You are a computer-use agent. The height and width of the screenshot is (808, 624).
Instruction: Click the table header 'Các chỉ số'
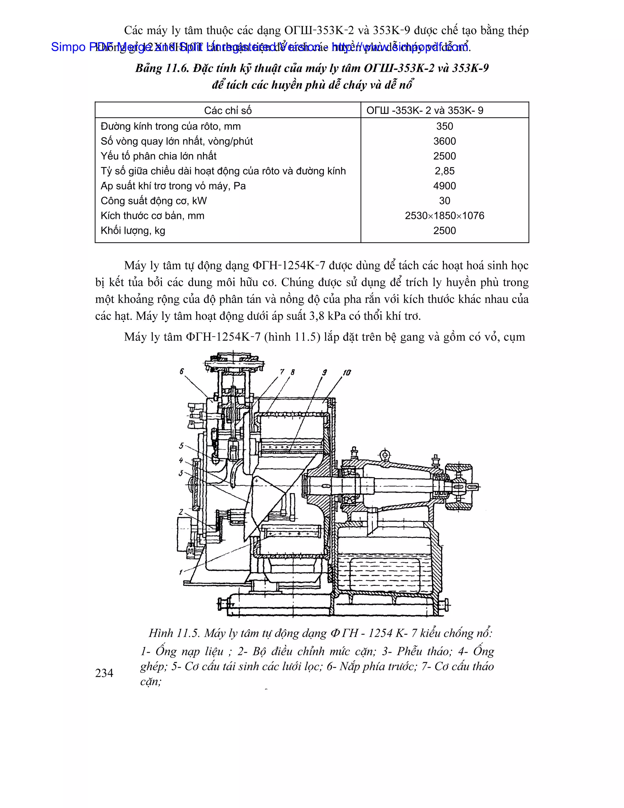tap(228, 110)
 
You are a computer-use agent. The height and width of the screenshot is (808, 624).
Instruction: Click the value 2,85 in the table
tap(444, 171)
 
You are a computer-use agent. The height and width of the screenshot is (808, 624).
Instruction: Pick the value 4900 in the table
tap(444, 186)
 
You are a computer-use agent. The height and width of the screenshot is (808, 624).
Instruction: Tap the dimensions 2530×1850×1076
tap(444, 216)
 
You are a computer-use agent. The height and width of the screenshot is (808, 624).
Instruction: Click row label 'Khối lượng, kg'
tap(133, 231)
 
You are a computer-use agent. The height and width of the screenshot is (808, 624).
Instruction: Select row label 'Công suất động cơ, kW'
tap(154, 201)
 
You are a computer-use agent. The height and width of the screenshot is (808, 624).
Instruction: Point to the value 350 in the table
tap(444, 126)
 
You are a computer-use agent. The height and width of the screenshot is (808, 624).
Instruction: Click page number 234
tap(104, 673)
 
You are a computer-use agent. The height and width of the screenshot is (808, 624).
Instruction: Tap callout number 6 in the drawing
tap(182, 371)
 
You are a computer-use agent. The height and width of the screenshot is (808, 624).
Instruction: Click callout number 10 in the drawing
tap(347, 373)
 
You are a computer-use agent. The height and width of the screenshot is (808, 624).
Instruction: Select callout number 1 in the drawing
tap(181, 572)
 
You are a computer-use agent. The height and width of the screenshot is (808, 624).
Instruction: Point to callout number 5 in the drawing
tap(181, 446)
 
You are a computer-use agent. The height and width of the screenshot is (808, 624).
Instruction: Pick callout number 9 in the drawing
tap(324, 373)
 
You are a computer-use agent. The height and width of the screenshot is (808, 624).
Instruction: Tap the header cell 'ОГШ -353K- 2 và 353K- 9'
tap(425, 110)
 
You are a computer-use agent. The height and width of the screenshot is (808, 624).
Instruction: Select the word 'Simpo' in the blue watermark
tap(68, 47)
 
